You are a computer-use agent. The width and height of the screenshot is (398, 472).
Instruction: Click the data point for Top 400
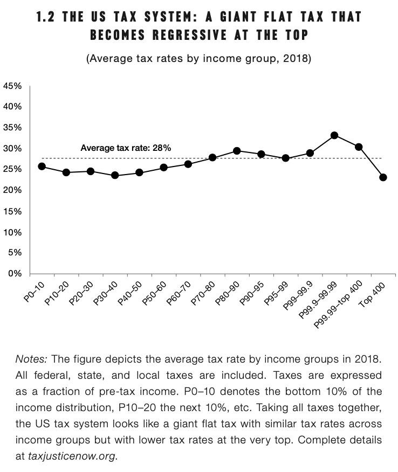point(383,177)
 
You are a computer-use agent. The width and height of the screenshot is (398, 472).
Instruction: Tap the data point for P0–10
point(42,166)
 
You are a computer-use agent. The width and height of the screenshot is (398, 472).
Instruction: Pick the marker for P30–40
point(115,175)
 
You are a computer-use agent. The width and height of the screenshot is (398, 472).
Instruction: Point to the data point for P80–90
point(237,151)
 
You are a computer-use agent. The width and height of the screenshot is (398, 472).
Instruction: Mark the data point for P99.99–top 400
point(359,147)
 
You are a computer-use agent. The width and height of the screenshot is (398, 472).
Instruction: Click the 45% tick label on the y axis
point(12,86)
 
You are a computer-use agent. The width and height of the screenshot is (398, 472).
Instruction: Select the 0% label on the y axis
point(15,273)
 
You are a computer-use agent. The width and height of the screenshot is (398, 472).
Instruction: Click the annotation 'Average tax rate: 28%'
point(126,147)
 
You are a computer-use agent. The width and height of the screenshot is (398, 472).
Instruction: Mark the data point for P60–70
point(188,164)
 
